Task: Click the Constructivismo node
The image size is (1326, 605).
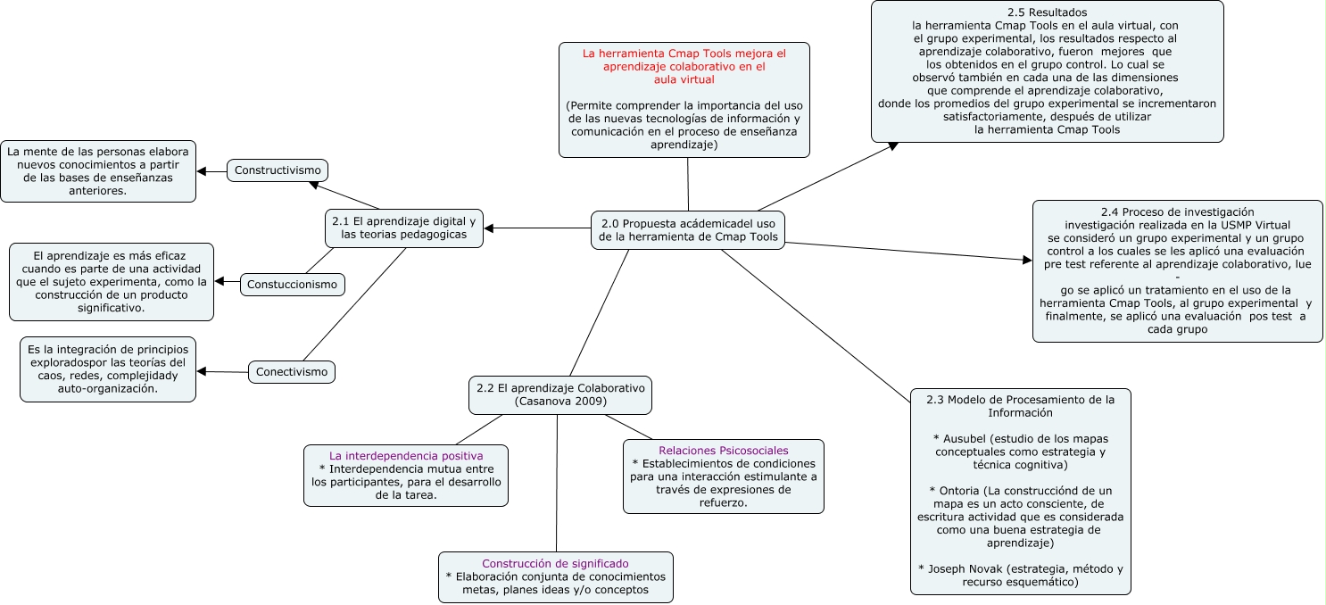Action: point(278,170)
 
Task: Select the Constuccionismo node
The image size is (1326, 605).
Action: point(293,285)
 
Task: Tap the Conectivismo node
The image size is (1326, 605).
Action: point(292,371)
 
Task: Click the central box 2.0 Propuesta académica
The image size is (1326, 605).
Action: point(688,230)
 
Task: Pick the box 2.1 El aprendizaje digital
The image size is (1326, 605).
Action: point(404,228)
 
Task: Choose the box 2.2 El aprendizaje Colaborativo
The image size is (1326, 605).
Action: point(560,395)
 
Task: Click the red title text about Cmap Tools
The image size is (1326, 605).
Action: point(684,66)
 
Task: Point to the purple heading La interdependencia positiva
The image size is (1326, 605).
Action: point(406,455)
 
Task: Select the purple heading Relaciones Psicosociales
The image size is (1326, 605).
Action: point(724,451)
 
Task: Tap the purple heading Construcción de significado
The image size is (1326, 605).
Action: point(555,564)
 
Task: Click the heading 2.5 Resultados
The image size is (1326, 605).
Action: point(1047,12)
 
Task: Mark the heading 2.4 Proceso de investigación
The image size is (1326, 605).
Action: point(1177,211)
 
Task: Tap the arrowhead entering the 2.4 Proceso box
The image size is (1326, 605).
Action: point(1026,260)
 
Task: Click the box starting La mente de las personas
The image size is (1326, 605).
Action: point(98,170)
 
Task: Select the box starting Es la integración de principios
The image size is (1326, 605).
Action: point(108,369)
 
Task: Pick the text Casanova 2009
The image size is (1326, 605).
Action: point(561,402)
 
